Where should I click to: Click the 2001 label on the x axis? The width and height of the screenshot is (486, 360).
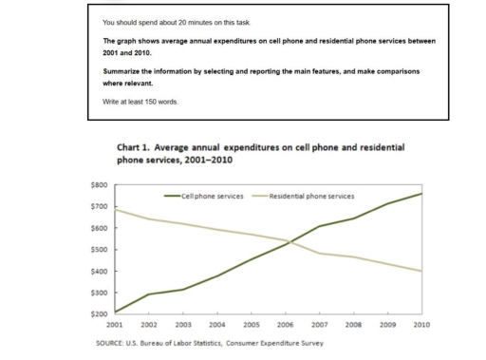click(115, 325)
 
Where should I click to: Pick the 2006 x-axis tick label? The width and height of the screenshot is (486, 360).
click(285, 325)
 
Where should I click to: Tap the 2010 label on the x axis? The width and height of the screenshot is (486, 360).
click(421, 325)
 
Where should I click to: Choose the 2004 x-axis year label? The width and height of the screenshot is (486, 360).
click(216, 325)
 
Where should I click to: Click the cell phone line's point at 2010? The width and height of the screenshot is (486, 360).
click(421, 194)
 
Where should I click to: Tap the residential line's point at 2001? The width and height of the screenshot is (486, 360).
click(115, 209)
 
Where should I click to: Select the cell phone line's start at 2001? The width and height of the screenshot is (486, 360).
click(115, 312)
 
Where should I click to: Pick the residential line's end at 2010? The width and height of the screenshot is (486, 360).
click(421, 272)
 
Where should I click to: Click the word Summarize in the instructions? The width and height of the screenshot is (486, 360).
click(123, 72)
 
